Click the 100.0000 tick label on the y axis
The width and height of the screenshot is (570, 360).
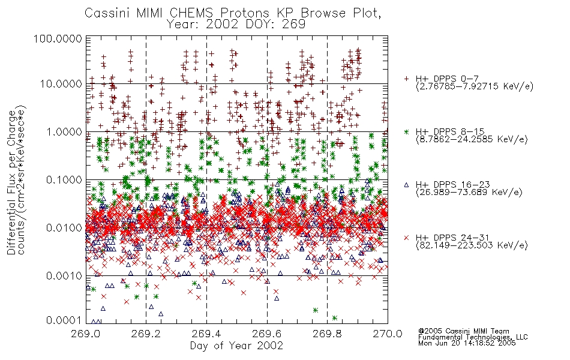point(58,38)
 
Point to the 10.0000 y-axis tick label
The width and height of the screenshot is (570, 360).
point(61,84)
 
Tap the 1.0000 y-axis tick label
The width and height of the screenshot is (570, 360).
point(64,131)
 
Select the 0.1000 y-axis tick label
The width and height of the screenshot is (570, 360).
point(64,179)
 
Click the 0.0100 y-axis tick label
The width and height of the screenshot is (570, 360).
point(64,228)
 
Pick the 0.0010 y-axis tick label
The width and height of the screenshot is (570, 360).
point(64,276)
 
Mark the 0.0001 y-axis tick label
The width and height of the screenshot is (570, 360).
point(64,320)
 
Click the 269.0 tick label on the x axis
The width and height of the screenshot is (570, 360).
point(86,334)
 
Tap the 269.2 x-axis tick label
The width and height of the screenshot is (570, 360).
point(146,334)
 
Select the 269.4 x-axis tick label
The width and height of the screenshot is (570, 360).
point(207,334)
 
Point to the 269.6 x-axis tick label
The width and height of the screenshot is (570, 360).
point(267,334)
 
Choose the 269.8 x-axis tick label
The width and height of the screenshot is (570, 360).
point(327,334)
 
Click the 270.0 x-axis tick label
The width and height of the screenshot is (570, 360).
point(388,334)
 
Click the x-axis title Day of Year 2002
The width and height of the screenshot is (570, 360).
point(236,346)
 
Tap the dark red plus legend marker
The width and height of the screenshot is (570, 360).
point(406,79)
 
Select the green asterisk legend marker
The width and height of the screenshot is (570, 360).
point(406,131)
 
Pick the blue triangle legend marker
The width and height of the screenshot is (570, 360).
point(406,185)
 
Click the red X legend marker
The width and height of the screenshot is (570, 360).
point(406,238)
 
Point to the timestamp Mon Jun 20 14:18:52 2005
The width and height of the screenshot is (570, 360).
point(467,343)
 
